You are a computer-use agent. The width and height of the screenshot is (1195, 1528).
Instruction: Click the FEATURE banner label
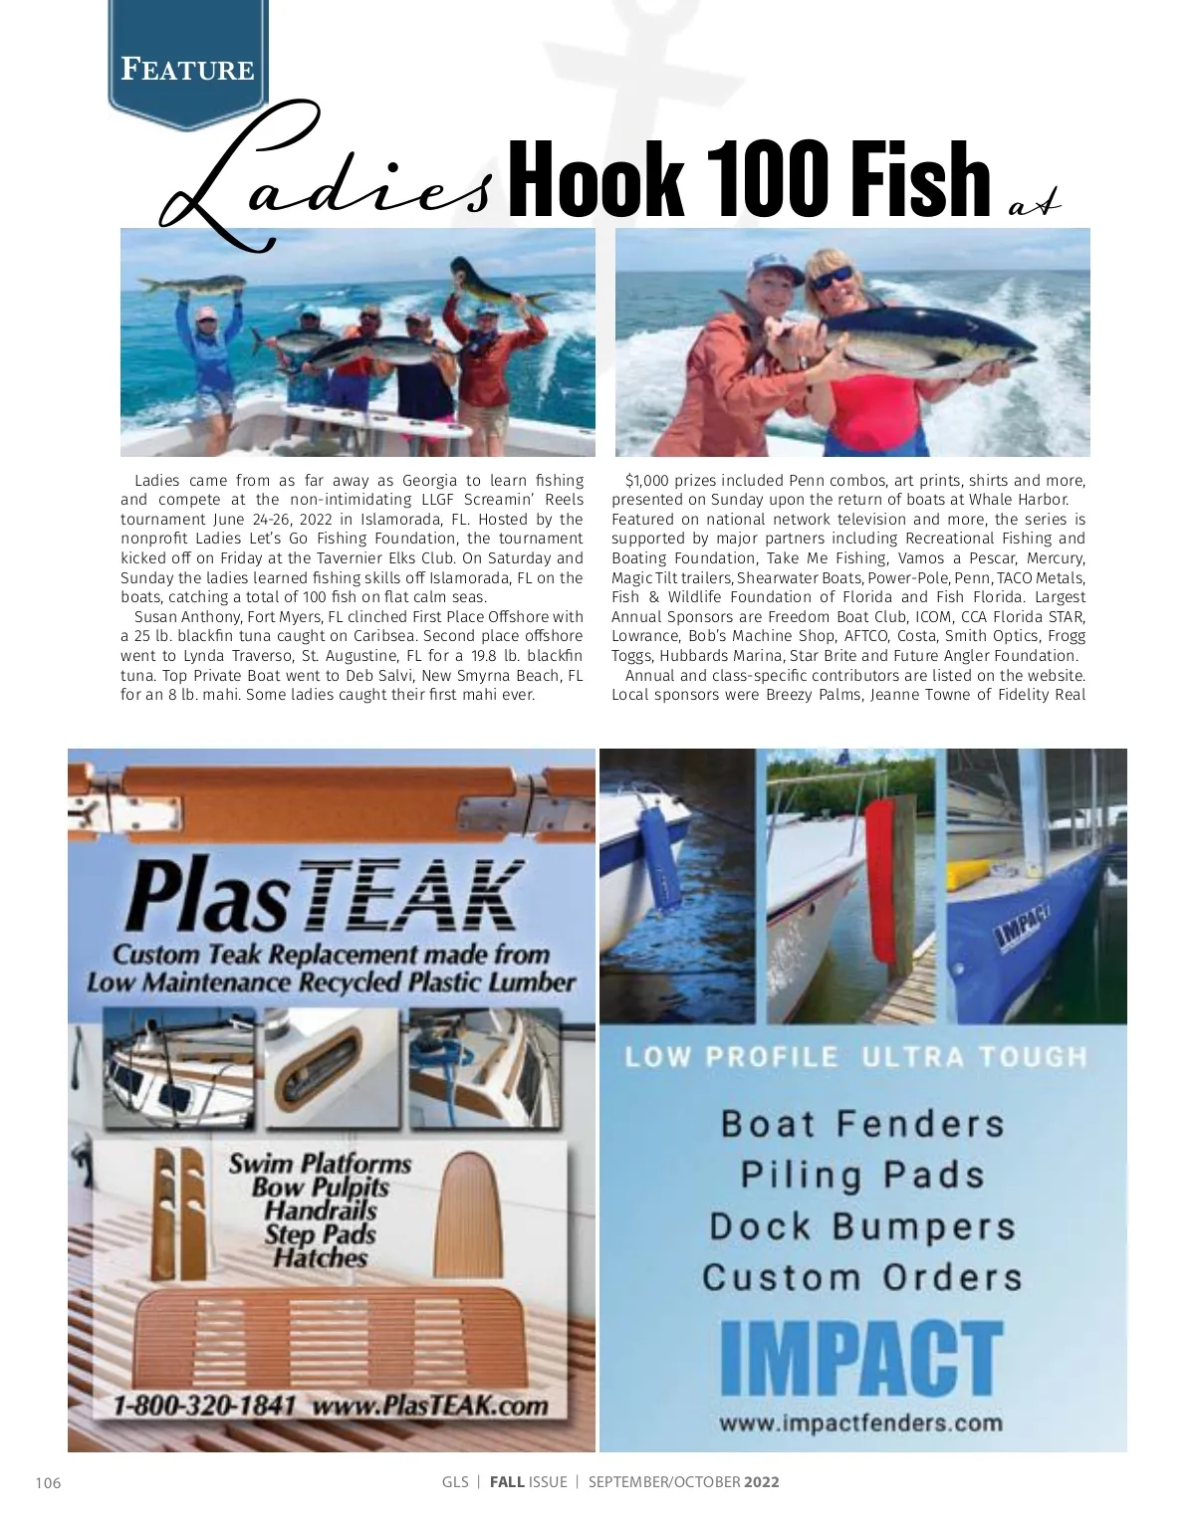pos(187,70)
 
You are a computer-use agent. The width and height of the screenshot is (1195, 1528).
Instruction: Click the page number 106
pos(48,1482)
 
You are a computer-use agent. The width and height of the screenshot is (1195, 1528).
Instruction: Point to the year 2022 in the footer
pos(761,1481)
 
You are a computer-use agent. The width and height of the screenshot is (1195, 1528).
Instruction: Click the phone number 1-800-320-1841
pos(204,1406)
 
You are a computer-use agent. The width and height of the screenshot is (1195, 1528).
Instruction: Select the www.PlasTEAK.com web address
pos(430,1406)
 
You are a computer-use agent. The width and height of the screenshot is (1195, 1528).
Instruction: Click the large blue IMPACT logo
pos(860,1359)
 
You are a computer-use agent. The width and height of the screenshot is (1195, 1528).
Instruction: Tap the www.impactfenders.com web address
pos(860,1422)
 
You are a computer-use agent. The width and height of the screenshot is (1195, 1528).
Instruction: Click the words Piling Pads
pos(862,1175)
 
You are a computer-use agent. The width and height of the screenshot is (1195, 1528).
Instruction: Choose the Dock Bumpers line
pos(862,1226)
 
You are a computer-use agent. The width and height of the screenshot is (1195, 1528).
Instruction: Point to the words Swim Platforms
pos(320,1163)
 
